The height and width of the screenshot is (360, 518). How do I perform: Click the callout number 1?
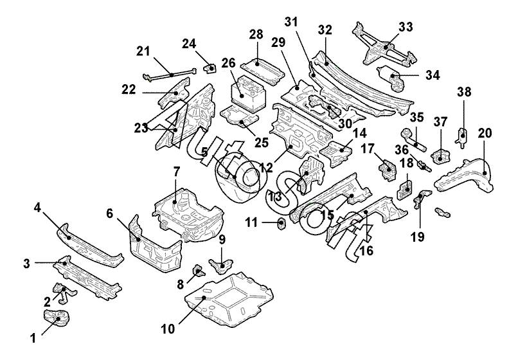pos(33,339)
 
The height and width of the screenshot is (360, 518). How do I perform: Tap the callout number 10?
pos(168,329)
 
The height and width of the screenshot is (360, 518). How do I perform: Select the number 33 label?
pos(406,27)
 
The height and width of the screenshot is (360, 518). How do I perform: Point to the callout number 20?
pos(485,133)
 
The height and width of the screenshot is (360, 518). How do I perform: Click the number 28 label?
pos(256,34)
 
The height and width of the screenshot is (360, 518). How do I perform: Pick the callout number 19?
pos(417,237)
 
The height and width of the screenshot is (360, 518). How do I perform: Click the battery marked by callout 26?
pos(247,93)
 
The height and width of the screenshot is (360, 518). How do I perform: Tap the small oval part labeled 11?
pos(281,224)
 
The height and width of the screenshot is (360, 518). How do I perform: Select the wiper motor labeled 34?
pos(391,76)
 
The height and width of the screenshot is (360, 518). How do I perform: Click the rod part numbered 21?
pos(169,75)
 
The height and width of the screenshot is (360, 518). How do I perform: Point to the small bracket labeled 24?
pos(209,68)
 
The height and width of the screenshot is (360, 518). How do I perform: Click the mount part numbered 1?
pos(57,317)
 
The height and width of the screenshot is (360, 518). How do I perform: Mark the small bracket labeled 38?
pos(463,136)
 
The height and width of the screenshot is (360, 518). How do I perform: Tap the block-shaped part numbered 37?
pos(441,156)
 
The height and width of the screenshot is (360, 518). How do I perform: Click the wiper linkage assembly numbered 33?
pos(385,46)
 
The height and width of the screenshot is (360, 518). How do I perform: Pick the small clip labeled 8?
pos(199,271)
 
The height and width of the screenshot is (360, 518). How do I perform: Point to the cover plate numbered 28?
pos(262,71)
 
